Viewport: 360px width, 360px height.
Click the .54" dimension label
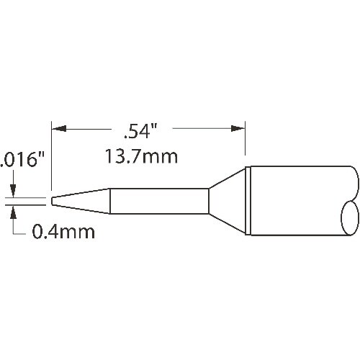pos(140,131)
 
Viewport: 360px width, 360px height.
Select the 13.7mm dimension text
pos(141,157)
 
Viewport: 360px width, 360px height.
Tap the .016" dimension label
pos(22,161)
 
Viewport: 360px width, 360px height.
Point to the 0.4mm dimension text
pos(63,232)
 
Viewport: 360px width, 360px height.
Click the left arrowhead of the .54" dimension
pos(59,129)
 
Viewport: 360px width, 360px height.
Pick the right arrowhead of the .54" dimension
pos(238,129)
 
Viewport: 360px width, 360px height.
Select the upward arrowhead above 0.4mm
pos(14,212)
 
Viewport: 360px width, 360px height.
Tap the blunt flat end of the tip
pos(52,201)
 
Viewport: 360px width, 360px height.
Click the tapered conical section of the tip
pos(81,201)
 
